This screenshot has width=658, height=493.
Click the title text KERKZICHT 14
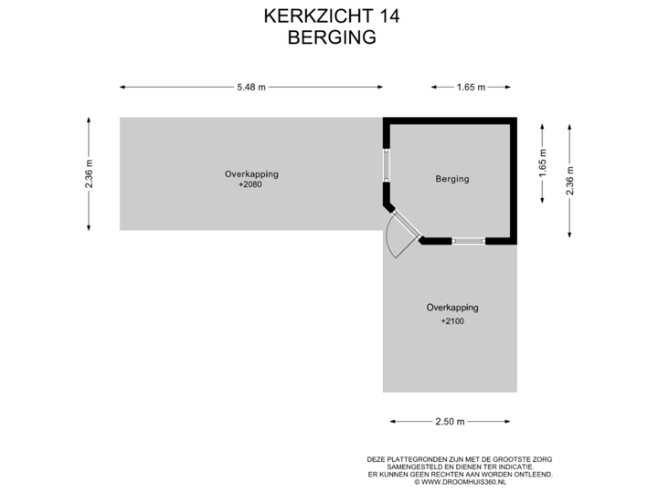point(331,16)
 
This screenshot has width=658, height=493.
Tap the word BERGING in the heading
point(331,37)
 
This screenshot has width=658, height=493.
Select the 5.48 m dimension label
point(251,88)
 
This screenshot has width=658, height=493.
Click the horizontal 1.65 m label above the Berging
point(471,88)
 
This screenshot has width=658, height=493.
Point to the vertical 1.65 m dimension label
point(543,166)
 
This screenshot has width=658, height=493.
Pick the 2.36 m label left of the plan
point(89,173)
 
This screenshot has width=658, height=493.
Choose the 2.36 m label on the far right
point(570,180)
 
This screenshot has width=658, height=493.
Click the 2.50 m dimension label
point(449,422)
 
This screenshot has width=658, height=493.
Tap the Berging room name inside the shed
point(451,179)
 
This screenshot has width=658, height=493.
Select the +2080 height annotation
point(251,184)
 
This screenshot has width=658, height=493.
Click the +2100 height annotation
point(452,321)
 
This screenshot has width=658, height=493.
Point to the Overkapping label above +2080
point(251,173)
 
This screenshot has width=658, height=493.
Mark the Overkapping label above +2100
point(452,308)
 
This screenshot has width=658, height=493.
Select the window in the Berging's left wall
point(387,165)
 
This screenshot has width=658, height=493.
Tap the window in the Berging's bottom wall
point(468,241)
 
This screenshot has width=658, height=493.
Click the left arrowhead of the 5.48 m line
point(122,88)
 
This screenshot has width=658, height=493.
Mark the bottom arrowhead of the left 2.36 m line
point(89,227)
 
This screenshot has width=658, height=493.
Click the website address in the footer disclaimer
point(461,480)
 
